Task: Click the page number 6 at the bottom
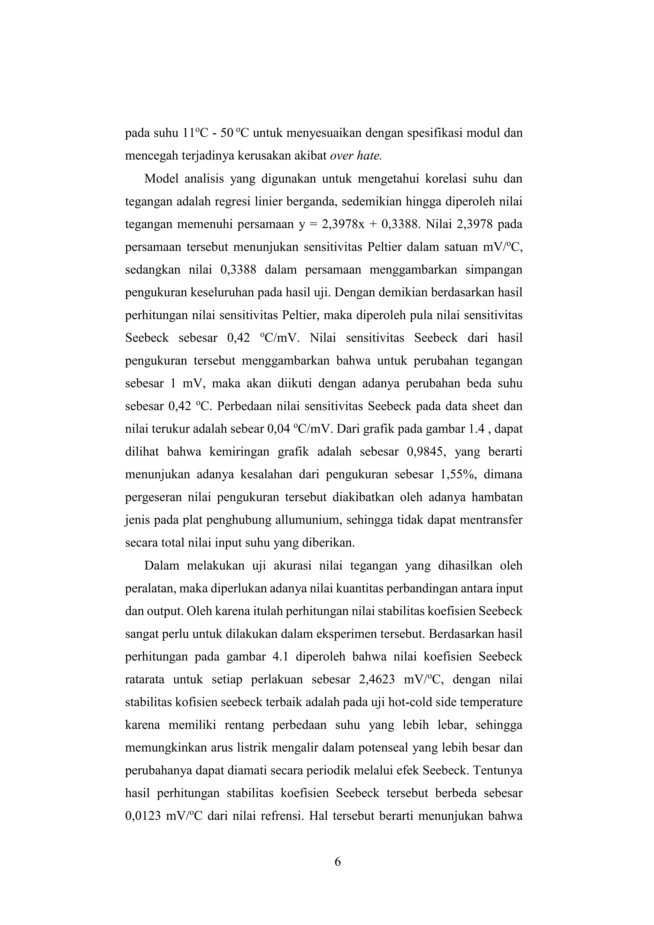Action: click(x=338, y=862)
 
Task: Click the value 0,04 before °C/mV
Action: click(x=279, y=429)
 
